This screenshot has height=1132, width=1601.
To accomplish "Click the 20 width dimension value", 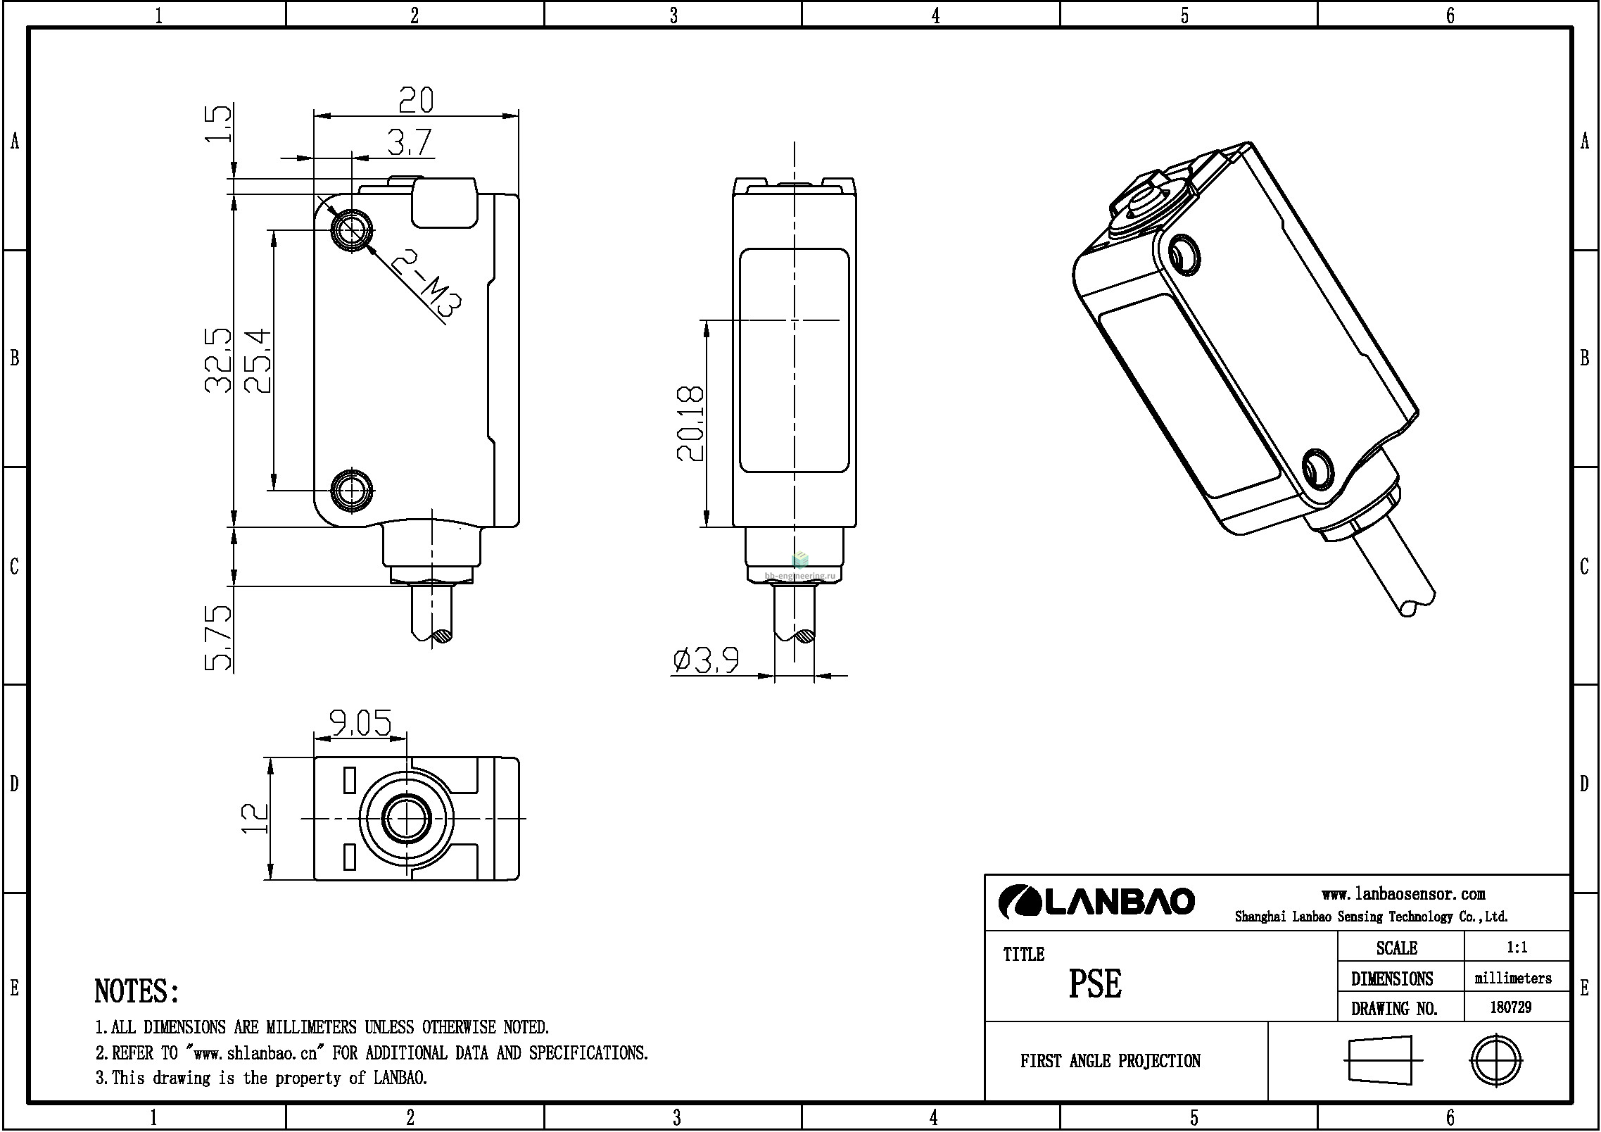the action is (416, 100).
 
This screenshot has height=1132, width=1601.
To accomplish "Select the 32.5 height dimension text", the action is (218, 360).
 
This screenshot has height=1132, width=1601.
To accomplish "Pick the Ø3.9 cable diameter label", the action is (706, 660).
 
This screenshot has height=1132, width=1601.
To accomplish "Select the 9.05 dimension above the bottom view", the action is (360, 722).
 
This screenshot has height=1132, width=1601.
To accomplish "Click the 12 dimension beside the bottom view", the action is (255, 819).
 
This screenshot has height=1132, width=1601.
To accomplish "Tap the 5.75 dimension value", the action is (218, 637).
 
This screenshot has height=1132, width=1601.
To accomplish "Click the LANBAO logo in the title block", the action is (1096, 901).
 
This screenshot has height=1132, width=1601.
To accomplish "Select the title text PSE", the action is (1095, 983).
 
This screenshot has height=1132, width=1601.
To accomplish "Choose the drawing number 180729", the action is (1511, 1007).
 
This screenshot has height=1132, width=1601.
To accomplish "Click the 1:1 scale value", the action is (1517, 948).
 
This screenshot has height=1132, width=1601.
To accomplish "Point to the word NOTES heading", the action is (137, 991).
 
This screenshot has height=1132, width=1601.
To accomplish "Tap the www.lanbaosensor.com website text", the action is (1403, 894).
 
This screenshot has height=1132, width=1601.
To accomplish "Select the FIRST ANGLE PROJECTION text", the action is (1110, 1061).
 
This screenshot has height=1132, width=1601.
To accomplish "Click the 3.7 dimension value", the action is (410, 143).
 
